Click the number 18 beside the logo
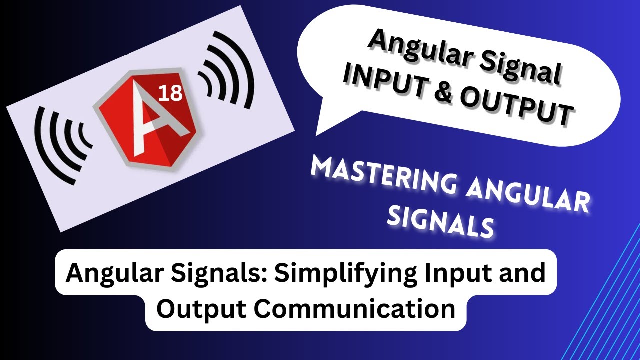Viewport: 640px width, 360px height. pyautogui.click(x=170, y=93)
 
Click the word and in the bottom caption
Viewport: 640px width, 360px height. pyautogui.click(x=524, y=273)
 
